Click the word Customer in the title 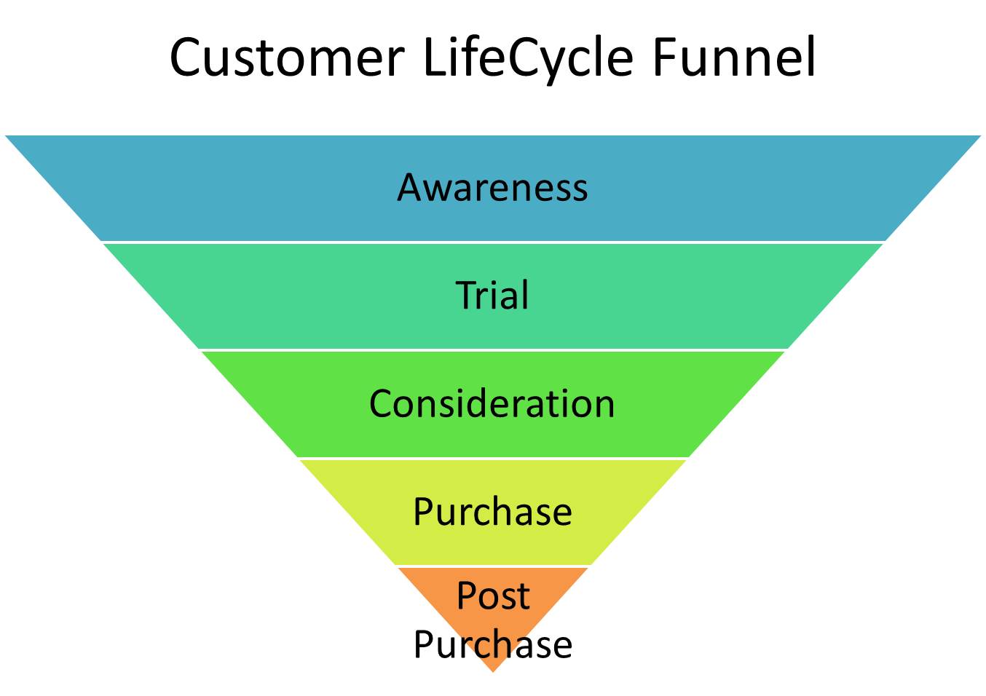coord(287,58)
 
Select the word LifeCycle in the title coord(528,60)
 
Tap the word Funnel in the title coord(735,57)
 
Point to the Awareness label coord(492,187)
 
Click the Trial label coord(492,295)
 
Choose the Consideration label coord(492,403)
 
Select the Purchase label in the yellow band coord(492,513)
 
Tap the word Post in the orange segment coord(493,596)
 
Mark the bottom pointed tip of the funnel coord(493,672)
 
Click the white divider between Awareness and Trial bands coord(493,242)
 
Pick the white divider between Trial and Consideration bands coord(493,349)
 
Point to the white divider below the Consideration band coord(493,458)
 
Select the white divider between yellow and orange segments coord(493,566)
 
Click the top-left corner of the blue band coord(5,136)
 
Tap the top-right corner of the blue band coord(981,136)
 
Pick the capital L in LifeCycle coord(435,57)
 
